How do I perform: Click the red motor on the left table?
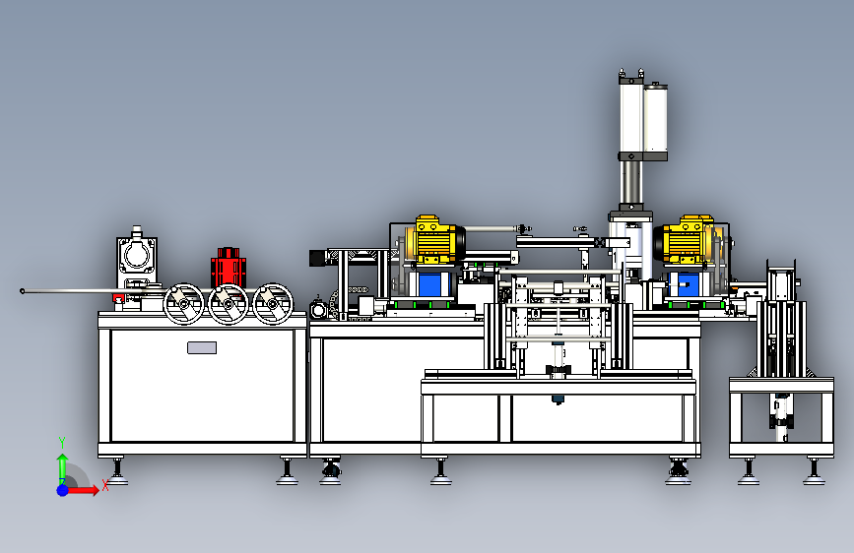(229, 268)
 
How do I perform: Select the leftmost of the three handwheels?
(183, 304)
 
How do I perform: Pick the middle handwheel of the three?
(229, 304)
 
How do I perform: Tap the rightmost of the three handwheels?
(273, 304)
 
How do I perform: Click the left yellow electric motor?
(434, 239)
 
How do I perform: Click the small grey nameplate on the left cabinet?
(202, 347)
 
